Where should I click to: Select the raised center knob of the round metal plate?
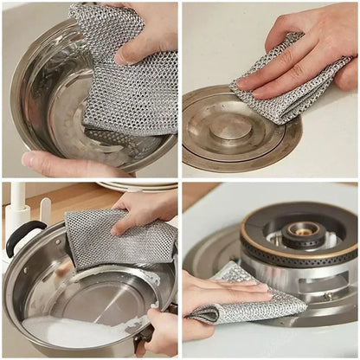tap(231, 128)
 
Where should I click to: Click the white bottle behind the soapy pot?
tap(17, 212)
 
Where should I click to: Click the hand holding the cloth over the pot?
tap(147, 208)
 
